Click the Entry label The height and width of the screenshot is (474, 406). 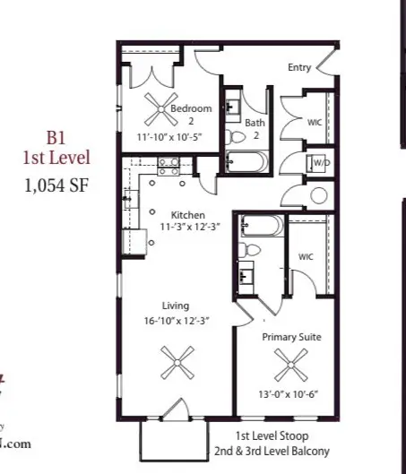pos(299,68)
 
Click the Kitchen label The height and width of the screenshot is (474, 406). pos(189,215)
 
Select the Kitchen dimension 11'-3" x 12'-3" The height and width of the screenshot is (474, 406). pos(189,228)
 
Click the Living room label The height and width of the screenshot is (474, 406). pos(175,306)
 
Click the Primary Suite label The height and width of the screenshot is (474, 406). pos(291,337)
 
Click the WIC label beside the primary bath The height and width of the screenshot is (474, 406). pos(307,257)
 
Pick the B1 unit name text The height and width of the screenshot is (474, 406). pos(58,139)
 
